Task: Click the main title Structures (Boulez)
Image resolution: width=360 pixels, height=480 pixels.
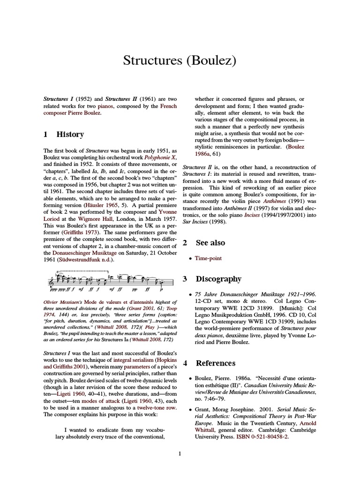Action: tap(180, 60)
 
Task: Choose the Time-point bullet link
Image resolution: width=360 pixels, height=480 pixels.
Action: tap(209, 258)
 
